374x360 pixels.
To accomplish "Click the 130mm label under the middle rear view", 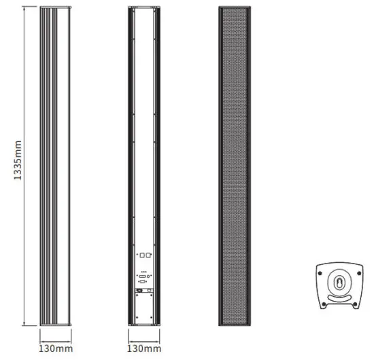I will [144, 348].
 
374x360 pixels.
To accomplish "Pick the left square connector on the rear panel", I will [141, 256].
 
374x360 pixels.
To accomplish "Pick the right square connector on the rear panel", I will [148, 256].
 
